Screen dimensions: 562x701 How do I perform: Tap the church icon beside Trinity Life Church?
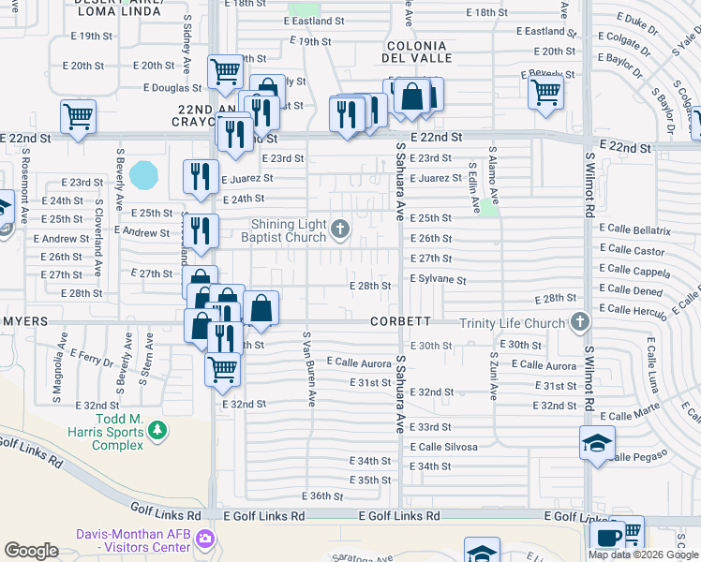click(580, 323)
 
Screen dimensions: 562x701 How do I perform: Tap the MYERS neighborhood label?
click(26, 321)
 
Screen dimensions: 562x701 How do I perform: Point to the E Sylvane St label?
click(438, 279)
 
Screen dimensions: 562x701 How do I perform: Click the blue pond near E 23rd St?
click(145, 174)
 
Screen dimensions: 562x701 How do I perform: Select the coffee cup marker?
click(607, 537)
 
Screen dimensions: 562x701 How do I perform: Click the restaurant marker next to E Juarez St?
click(200, 176)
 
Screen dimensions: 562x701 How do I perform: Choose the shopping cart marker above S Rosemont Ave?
click(78, 117)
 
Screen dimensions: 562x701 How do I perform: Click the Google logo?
click(31, 551)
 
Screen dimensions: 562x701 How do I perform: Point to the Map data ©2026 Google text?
click(643, 555)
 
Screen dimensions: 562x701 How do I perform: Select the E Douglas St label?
click(173, 88)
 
